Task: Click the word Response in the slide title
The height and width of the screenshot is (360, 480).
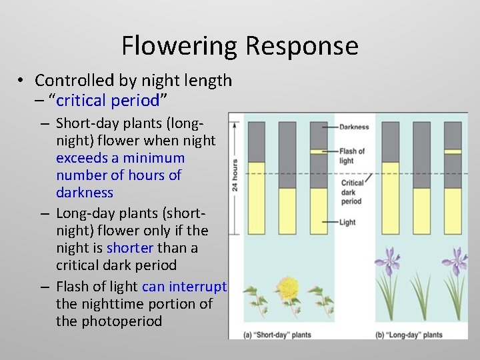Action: pos(302,46)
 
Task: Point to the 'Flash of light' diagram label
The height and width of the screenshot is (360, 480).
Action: pos(352,155)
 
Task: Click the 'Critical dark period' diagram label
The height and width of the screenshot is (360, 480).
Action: pos(352,192)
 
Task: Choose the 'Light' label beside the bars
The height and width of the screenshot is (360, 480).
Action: pos(347,222)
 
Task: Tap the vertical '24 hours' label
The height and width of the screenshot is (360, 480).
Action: pos(235,175)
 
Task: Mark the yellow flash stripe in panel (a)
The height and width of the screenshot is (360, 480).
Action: pos(318,151)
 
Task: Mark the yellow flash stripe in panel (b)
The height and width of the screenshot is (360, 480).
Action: pos(453,151)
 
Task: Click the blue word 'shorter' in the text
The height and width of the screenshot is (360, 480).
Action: pos(130,247)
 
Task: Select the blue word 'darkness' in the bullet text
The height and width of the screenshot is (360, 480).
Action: pos(85,193)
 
